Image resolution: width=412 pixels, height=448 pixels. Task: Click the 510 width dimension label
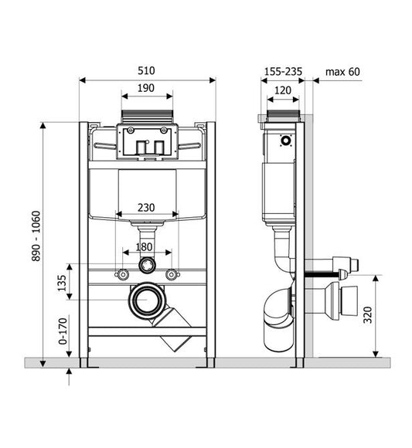[146, 70]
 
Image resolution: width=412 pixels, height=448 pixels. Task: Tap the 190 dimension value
[146, 88]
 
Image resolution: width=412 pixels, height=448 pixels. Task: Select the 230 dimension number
[146, 208]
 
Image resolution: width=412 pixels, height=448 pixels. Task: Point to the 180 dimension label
[144, 247]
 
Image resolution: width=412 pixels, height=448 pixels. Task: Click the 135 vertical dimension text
[62, 283]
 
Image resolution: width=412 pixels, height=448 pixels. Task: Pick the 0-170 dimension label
[63, 331]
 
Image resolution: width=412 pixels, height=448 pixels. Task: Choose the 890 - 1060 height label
[36, 236]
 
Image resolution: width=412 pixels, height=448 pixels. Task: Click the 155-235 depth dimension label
[283, 71]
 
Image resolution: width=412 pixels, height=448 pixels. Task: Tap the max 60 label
[342, 71]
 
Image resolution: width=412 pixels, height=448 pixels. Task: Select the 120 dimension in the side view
[283, 90]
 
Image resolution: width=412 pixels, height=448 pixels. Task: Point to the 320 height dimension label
[368, 315]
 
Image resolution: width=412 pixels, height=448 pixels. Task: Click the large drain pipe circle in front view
[147, 300]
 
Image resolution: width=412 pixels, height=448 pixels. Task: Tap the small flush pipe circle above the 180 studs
[147, 265]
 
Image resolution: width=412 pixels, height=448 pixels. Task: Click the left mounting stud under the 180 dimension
[123, 274]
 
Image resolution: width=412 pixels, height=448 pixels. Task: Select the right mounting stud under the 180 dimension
[172, 274]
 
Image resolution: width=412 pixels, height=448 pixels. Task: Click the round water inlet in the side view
[285, 141]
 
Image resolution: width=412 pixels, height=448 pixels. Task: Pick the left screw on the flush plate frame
[131, 130]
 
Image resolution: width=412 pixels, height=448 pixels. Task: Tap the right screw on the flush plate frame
[164, 130]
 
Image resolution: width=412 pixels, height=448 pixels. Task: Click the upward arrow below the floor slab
[69, 377]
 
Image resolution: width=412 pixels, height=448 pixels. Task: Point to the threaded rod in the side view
[322, 274]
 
